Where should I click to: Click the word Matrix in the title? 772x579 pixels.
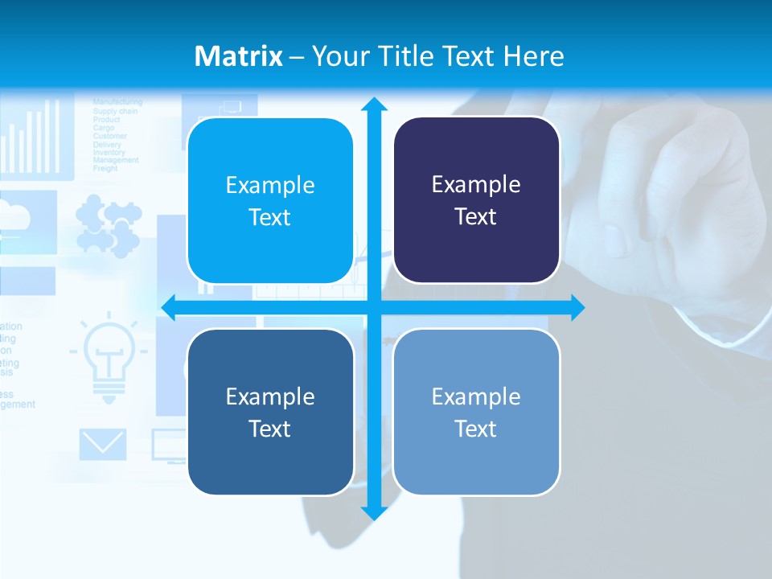238,56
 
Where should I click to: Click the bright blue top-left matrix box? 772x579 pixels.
270,201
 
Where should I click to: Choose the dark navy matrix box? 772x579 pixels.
476,200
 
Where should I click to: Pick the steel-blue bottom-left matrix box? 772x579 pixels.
270,412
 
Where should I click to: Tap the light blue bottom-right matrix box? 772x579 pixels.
476,412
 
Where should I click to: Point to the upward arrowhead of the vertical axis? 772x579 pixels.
374,105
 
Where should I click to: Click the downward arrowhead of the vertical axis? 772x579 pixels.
374,512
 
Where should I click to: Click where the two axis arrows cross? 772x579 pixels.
374,307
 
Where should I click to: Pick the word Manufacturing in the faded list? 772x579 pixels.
117,102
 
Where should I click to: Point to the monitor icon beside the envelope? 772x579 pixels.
169,444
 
